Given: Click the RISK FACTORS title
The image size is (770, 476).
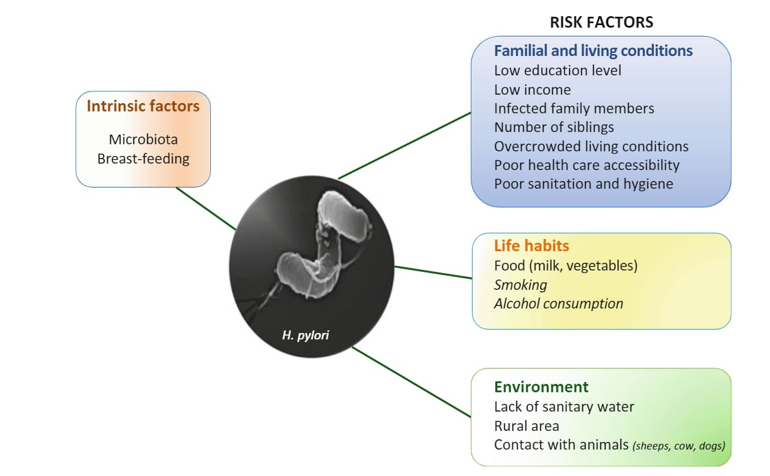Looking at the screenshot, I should pos(601,23).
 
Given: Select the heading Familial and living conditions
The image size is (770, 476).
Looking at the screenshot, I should pos(593,50).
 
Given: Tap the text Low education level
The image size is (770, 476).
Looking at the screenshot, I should pos(557,70).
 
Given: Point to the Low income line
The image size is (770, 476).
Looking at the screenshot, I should pos(532,90).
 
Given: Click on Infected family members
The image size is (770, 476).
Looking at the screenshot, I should pos(574,108).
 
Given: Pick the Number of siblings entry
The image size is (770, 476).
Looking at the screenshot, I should pos(554,127).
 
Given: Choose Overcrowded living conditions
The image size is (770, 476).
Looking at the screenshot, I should pos(591,146).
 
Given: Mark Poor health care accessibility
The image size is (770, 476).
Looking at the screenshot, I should pos(586,165).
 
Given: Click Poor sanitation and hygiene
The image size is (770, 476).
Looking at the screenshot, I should pos(583,184).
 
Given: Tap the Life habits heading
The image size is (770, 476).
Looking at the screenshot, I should pos(531,245).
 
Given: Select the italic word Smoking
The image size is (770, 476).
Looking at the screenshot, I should pos(520,284).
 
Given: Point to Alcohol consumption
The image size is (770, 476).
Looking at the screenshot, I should pos(558,303).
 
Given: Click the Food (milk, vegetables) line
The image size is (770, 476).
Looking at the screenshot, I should pos(565,265).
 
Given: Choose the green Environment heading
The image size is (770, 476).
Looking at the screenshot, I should pos(541,387).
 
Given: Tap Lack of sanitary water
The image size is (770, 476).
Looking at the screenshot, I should pos(564,406).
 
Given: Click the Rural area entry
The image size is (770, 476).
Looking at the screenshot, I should pos(526,426).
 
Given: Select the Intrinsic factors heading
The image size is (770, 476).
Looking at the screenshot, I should pos(143,106).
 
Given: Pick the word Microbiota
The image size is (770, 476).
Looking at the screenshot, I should pos(143,139).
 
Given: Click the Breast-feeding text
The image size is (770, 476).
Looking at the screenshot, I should pos(143,158).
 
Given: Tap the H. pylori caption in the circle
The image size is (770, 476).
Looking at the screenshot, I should pos(306,334).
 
